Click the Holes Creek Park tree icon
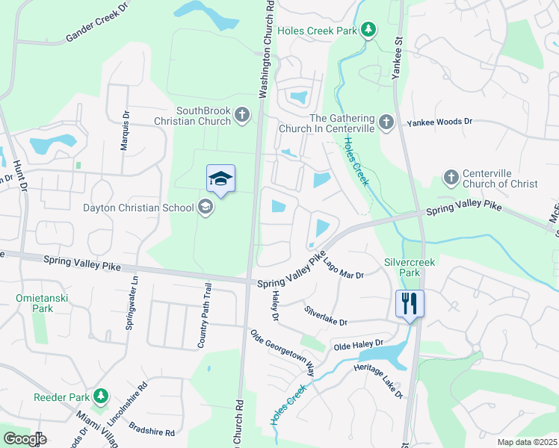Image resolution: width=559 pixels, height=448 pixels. coord(368,30)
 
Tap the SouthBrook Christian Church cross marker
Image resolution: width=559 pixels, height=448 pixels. coord(241,115)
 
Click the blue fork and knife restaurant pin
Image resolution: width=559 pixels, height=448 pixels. coord(410,303)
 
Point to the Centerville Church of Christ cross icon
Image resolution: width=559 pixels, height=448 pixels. coord(451,178)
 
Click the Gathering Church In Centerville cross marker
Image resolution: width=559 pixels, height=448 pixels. coord(386,122)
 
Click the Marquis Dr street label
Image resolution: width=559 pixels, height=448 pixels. coord(125,132)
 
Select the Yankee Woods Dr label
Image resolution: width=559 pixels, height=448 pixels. coord(439,121)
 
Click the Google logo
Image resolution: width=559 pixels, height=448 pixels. coord(25,439)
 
